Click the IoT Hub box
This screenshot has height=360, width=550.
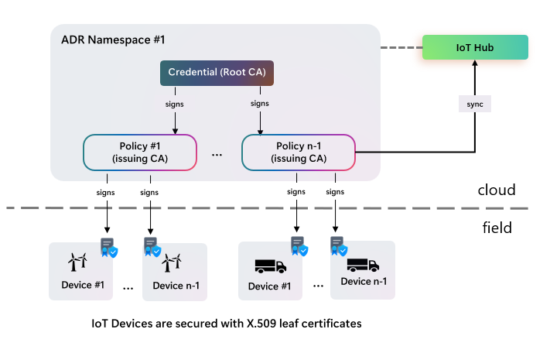(475, 48)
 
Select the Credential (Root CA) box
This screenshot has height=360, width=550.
(217, 73)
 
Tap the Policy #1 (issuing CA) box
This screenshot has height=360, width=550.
(140, 153)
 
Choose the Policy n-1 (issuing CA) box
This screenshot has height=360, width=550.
(299, 153)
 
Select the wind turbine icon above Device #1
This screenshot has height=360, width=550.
(77, 262)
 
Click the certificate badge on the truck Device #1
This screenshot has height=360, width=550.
(298, 246)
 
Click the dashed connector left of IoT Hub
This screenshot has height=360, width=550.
(400, 48)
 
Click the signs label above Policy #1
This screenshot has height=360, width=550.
(175, 103)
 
